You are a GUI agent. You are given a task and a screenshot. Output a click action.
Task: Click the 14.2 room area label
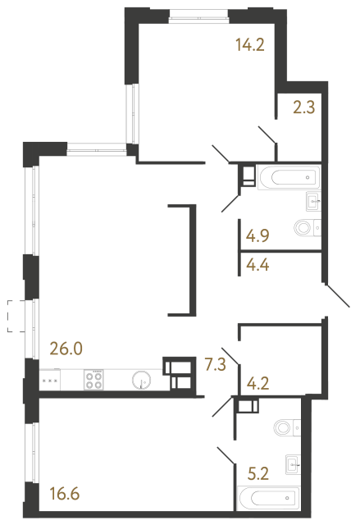pyautogui.click(x=248, y=47)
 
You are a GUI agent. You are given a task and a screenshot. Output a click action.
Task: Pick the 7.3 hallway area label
pyautogui.click(x=215, y=362)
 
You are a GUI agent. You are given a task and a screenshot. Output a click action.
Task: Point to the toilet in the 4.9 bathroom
pyautogui.click(x=306, y=228)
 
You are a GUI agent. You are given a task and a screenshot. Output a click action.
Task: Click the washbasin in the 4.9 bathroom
pyautogui.click(x=312, y=200)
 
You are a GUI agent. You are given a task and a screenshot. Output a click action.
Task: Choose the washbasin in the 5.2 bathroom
pyautogui.click(x=293, y=463)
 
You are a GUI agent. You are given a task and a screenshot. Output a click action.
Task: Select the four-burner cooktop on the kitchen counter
pyautogui.click(x=93, y=380)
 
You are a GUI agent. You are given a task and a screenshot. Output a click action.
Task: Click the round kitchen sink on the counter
pyautogui.click(x=141, y=380)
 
